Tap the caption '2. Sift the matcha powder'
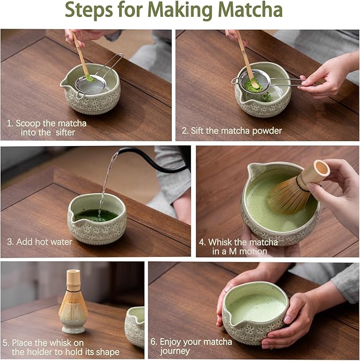click(232, 131)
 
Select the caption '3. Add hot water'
click(39, 242)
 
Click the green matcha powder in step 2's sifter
click(250, 83)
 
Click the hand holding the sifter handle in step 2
click(329, 75)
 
